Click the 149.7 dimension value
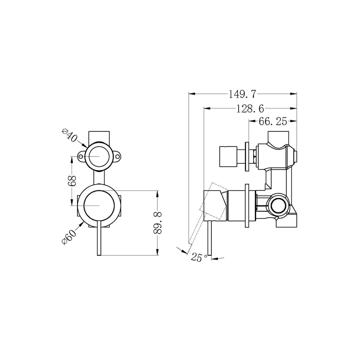click(242, 94)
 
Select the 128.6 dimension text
click(249, 108)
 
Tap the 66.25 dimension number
click(272, 122)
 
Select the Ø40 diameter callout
click(69, 136)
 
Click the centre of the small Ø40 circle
click(99, 156)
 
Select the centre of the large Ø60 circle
click(99, 206)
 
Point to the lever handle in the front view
click(99, 241)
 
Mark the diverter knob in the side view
click(229, 157)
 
